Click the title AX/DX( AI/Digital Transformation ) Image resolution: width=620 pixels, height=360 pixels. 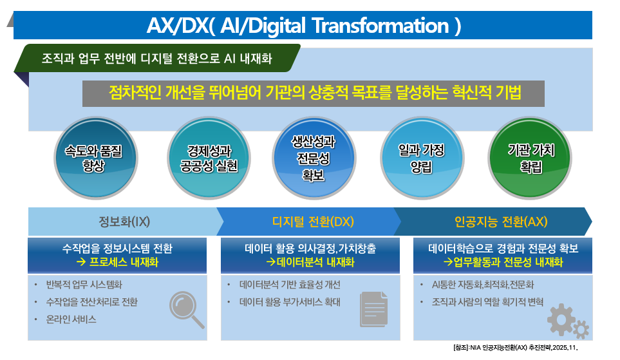pyautogui.click(x=304, y=26)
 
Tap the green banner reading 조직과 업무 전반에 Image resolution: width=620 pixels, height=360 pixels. pyautogui.click(x=157, y=58)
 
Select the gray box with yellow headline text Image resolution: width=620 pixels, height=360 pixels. pyautogui.click(x=313, y=94)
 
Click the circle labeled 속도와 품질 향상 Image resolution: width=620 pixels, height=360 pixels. pyautogui.click(x=96, y=158)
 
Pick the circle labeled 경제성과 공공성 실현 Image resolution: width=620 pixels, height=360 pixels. pyautogui.click(x=209, y=158)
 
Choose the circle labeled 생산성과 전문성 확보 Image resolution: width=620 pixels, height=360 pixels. pyautogui.click(x=314, y=158)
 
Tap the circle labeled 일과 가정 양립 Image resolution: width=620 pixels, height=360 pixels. pyautogui.click(x=422, y=158)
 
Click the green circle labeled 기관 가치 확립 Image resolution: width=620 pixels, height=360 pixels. pyautogui.click(x=531, y=158)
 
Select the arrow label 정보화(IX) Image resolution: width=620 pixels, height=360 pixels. pyautogui.click(x=124, y=222)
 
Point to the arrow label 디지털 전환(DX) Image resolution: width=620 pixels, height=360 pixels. pyautogui.click(x=313, y=222)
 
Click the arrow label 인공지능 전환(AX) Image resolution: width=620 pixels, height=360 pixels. pyautogui.click(x=501, y=222)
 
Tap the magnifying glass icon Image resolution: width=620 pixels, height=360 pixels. pyautogui.click(x=187, y=310)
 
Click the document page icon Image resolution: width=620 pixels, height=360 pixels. pyautogui.click(x=373, y=309)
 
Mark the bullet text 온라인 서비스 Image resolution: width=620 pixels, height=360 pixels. pyautogui.click(x=71, y=319)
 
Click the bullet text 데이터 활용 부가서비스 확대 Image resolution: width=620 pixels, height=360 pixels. pyautogui.click(x=290, y=302)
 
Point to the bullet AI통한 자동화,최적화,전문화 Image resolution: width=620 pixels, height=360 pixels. pyautogui.click(x=483, y=285)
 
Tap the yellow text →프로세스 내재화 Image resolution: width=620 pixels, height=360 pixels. pyautogui.click(x=117, y=262)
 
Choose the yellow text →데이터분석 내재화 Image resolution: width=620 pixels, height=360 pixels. pyautogui.click(x=310, y=262)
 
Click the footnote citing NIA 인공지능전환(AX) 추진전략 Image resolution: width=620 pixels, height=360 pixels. pyautogui.click(x=516, y=347)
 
